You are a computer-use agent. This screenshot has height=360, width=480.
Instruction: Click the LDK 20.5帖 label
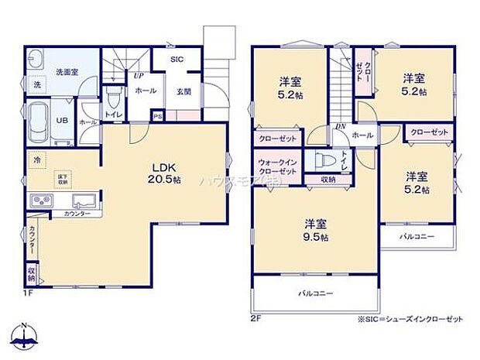tap(166, 173)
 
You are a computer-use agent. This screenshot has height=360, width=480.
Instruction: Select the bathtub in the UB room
tap(38, 122)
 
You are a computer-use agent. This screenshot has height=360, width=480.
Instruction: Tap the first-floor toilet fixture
tap(115, 98)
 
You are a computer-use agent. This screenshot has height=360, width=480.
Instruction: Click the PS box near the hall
tap(157, 117)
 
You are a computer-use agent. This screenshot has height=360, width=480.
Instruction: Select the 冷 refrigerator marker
tap(34, 159)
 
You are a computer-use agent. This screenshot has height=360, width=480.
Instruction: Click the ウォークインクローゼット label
tap(276, 166)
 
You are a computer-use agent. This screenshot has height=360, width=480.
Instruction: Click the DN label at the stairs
tap(340, 127)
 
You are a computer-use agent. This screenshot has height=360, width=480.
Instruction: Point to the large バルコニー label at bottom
tap(317, 294)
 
